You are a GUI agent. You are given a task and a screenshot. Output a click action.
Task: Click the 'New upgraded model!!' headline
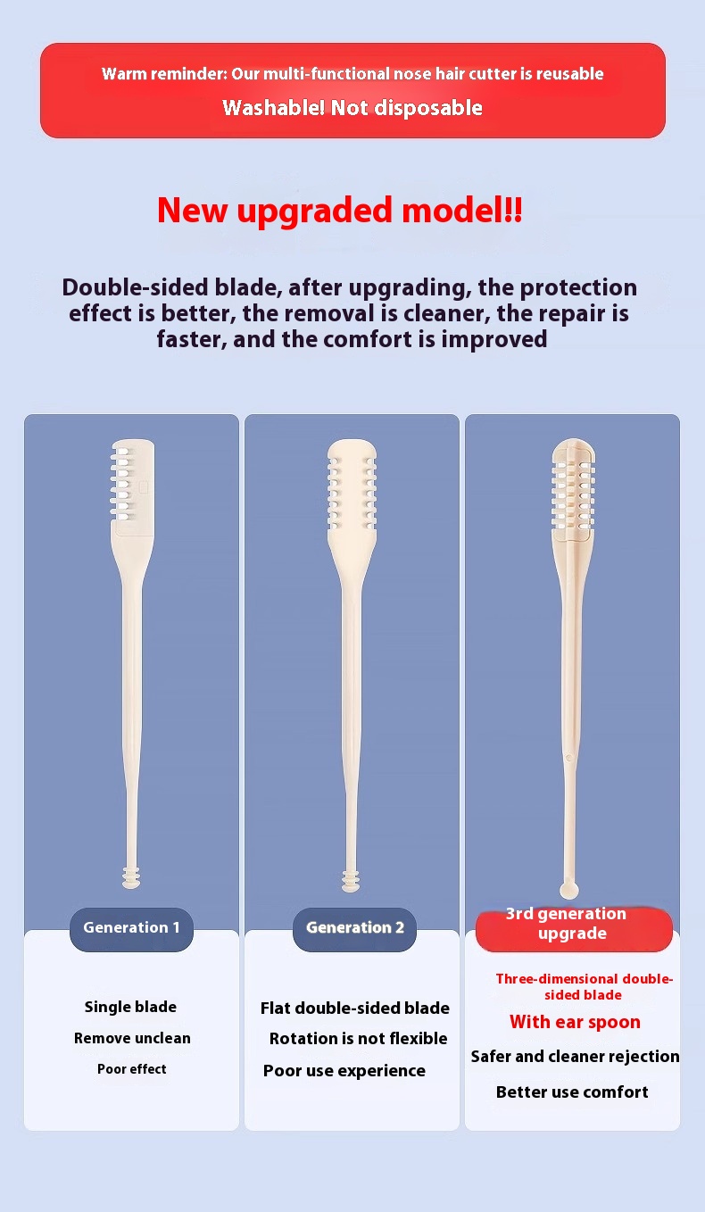coord(340,211)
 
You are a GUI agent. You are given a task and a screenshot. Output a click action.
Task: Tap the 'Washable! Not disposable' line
coord(352,108)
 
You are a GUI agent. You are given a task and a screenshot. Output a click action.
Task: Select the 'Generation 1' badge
coord(131,927)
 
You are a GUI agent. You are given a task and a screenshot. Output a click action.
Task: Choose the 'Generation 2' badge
coord(355,927)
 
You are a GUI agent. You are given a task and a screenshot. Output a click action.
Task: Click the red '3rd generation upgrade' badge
coord(574,928)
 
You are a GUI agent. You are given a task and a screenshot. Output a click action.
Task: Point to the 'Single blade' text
coord(130,1007)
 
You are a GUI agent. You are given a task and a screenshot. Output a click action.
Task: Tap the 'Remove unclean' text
coord(132,1038)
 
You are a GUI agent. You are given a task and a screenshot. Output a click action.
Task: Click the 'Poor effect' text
coord(132,1069)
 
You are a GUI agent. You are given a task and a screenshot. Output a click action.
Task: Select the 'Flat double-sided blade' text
coord(355,1008)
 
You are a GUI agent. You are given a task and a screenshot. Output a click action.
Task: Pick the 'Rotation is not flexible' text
coord(358,1038)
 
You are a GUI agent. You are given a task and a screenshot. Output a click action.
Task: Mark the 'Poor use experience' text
coord(344,1071)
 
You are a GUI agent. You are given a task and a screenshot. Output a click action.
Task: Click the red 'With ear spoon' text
coord(575,1022)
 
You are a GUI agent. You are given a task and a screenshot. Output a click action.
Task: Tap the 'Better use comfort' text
coord(572,1092)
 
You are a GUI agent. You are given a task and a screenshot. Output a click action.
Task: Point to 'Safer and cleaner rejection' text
coord(575,1056)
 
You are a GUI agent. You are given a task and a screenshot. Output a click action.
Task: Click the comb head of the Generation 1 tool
coord(133,486)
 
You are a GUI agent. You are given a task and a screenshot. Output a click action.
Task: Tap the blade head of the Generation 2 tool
coord(352,488)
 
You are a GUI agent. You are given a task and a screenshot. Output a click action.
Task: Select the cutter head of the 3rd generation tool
coord(573,490)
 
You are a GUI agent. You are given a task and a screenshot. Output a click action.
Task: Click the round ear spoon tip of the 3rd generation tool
coord(568,889)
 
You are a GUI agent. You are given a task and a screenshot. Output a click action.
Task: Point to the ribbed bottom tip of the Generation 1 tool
coord(131,876)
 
